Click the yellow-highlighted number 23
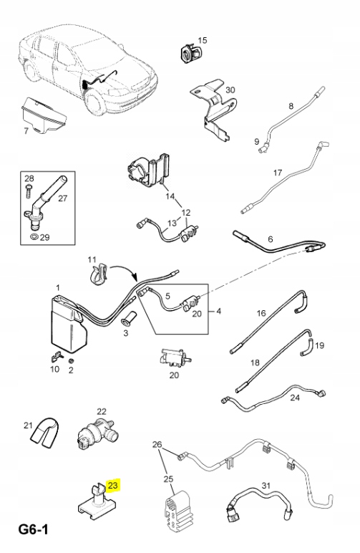pos(112,485)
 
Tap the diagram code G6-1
pos(34,529)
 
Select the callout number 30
pos(230,90)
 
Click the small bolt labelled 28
pos(28,191)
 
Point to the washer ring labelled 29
pos(34,236)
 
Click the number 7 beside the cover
pos(26,131)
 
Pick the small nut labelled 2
pos(71,361)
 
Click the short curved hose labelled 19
pos(306,347)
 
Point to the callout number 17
pos(278,173)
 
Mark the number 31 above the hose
pos(266,486)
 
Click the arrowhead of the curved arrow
pos(135,278)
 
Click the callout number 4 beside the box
pos(219,311)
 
